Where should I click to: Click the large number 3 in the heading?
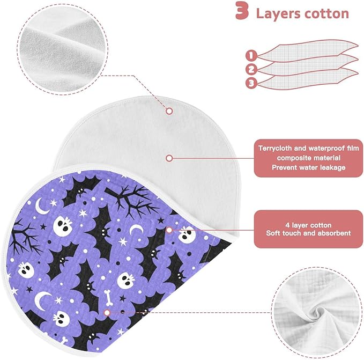pyautogui.click(x=242, y=11)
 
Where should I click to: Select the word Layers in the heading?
pyautogui.click(x=278, y=13)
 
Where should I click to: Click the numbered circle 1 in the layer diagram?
pyautogui.click(x=251, y=56)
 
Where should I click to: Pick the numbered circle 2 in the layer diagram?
pyautogui.click(x=251, y=69)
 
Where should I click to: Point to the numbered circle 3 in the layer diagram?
pyautogui.click(x=251, y=83)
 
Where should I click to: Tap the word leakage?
pyautogui.click(x=333, y=168)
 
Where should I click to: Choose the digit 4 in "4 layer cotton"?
pyautogui.click(x=287, y=225)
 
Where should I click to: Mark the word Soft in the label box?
pyautogui.click(x=272, y=233)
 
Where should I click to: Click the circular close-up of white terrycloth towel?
pyautogui.click(x=63, y=49)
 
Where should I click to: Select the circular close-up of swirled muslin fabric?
pyautogui.click(x=317, y=312)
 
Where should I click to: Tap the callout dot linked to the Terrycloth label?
pyautogui.click(x=169, y=158)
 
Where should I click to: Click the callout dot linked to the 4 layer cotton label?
pyautogui.click(x=169, y=230)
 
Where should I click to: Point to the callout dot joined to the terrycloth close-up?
pyautogui.click(x=169, y=111)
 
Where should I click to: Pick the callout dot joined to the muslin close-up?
pyautogui.click(x=107, y=313)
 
